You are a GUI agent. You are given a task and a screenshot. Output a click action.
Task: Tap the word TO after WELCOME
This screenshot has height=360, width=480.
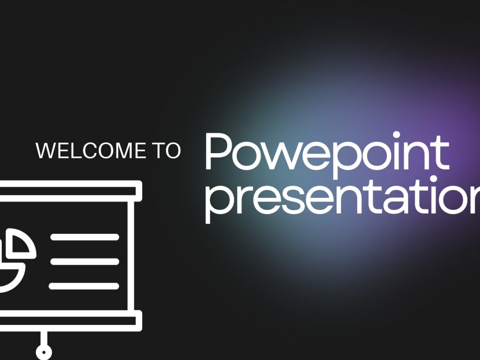click(166, 150)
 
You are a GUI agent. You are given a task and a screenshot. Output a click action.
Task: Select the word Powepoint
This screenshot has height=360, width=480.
click(326, 153)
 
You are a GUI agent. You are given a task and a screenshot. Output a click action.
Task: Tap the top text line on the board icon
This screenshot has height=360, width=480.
click(84, 237)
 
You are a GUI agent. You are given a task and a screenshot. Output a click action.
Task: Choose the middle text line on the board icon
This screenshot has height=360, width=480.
click(84, 262)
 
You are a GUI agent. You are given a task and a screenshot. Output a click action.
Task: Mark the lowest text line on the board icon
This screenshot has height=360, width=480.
click(84, 286)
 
